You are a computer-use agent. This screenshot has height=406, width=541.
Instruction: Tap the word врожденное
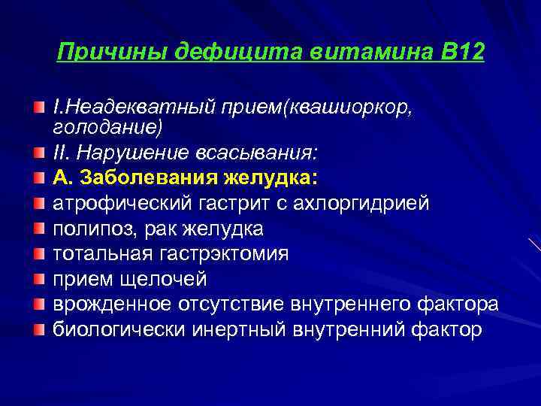tap(112, 304)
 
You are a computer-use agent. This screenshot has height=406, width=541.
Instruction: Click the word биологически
tap(119, 330)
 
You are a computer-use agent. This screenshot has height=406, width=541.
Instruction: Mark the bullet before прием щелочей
tap(39, 280)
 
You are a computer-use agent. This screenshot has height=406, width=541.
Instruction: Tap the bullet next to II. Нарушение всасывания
tap(39, 153)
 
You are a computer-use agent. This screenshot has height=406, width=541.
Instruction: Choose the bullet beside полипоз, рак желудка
tap(39, 229)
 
